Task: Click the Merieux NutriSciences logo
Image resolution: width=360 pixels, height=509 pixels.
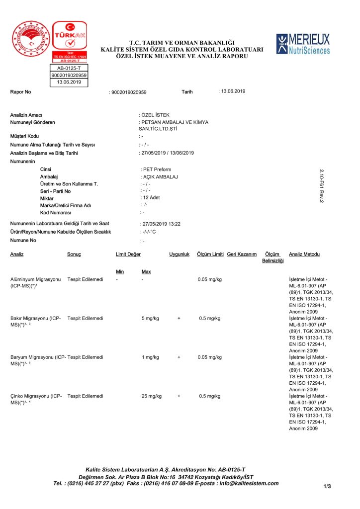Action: tap(303, 44)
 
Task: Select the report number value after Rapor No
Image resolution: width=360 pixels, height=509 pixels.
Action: tap(129, 92)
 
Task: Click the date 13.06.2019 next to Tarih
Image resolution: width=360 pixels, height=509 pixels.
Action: tap(233, 91)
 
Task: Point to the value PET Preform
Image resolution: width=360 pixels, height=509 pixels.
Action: tap(157, 170)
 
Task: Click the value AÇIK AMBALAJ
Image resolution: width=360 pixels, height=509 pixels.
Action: tap(160, 177)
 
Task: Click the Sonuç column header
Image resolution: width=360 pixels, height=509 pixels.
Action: tap(74, 254)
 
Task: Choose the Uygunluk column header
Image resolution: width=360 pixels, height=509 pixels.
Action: tap(180, 254)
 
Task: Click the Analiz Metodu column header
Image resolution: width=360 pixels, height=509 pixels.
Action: tap(304, 254)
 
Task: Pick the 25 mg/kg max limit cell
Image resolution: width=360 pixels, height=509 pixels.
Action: tap(152, 396)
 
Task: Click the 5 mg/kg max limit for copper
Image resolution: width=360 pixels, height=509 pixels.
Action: tap(150, 318)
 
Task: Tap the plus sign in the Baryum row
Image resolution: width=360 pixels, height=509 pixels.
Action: tap(179, 357)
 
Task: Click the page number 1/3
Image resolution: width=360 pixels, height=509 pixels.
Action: tap(327, 486)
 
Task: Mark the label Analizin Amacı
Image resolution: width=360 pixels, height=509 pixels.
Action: tap(26, 115)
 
